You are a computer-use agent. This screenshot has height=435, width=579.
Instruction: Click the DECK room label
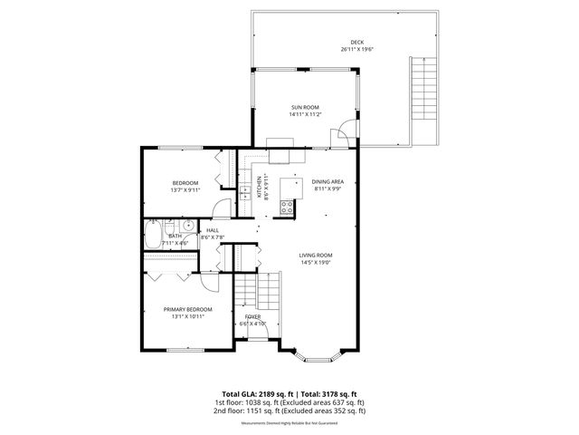click(x=357, y=43)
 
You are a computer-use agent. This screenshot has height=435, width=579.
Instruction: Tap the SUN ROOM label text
click(x=305, y=107)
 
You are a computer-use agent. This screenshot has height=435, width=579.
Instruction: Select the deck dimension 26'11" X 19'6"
click(x=357, y=50)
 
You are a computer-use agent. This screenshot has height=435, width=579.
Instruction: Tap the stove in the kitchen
click(x=288, y=204)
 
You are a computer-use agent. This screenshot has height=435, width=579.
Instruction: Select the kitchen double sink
click(x=244, y=192)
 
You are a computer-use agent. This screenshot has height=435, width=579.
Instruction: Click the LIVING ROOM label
click(x=317, y=255)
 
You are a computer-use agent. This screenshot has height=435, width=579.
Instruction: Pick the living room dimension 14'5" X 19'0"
click(x=317, y=263)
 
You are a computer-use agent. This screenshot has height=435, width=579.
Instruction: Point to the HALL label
click(x=213, y=230)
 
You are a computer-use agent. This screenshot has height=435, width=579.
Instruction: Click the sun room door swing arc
click(x=341, y=136)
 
